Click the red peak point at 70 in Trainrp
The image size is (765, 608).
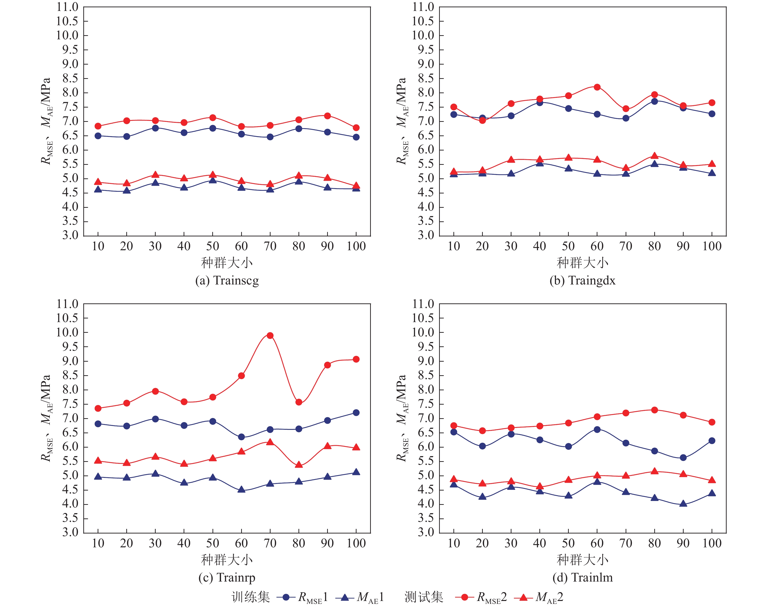tap(270, 335)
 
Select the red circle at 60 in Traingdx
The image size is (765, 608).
tap(597, 87)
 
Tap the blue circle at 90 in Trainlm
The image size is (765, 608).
tap(683, 458)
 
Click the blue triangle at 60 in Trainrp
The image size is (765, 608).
tap(241, 490)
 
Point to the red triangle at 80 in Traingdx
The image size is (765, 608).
tap(655, 156)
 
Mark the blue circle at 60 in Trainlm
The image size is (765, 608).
tap(597, 429)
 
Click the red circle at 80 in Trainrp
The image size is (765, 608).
tap(299, 402)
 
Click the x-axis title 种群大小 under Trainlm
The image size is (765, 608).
tap(582, 560)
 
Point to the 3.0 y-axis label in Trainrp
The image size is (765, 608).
tap(70, 533)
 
